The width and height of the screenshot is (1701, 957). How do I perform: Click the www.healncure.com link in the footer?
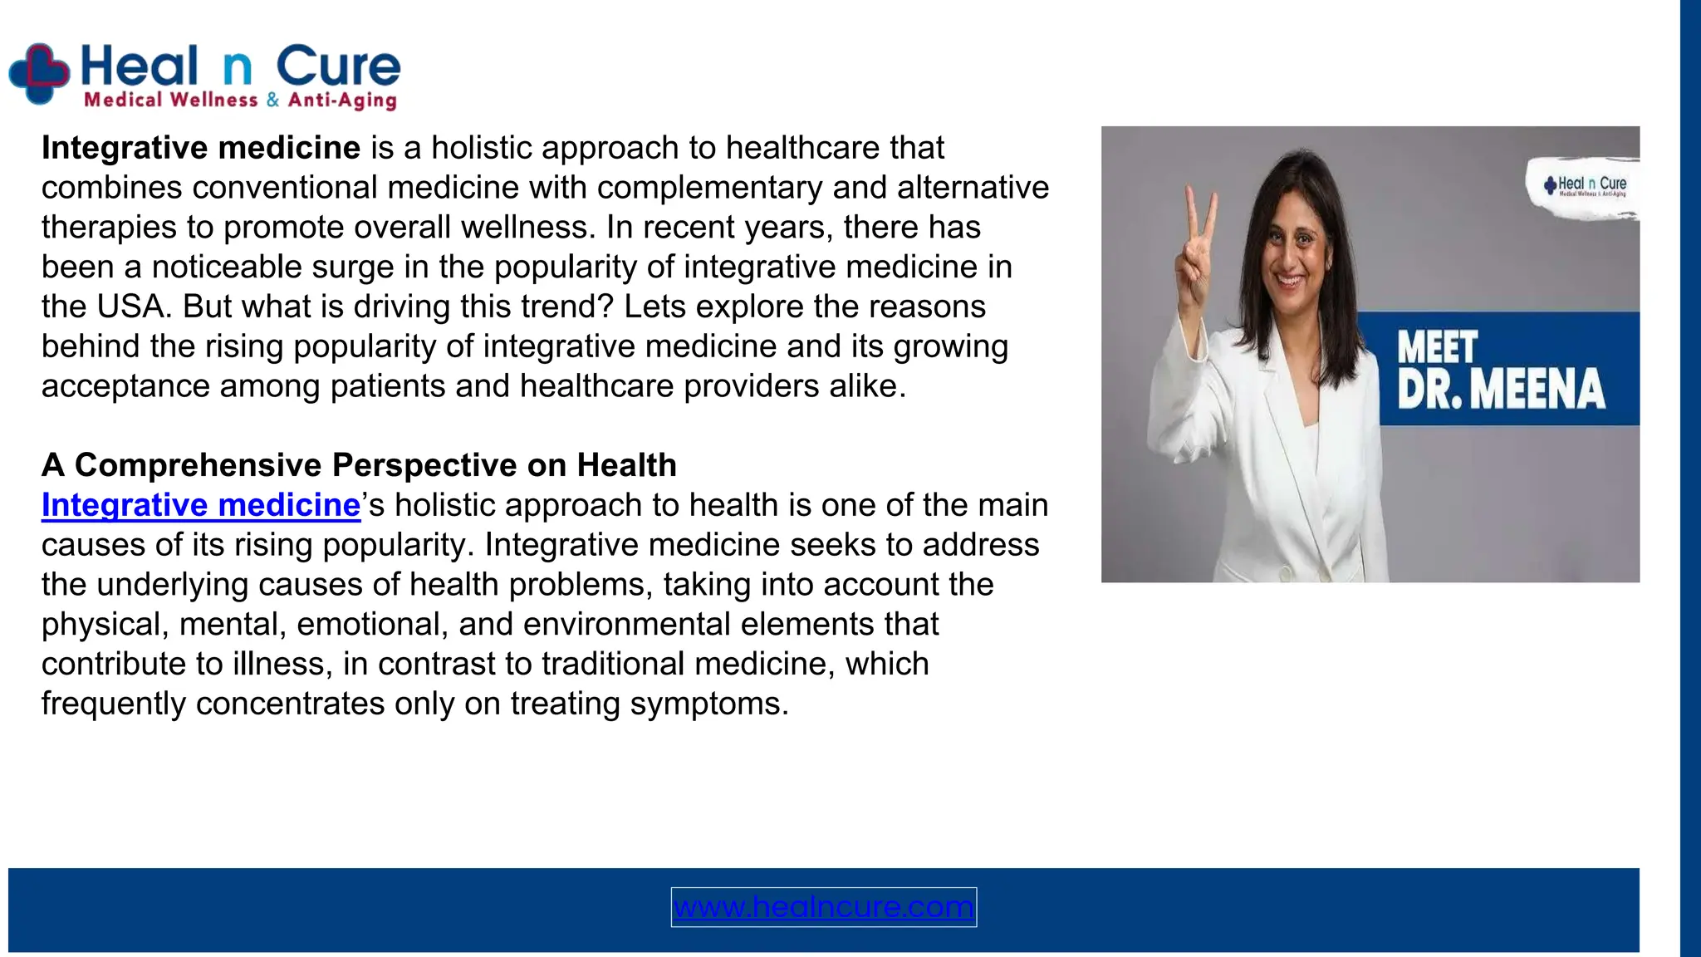coord(823,906)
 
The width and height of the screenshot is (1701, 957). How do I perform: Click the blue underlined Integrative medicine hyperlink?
coord(201,505)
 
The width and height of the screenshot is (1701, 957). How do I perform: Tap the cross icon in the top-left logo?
coord(38,74)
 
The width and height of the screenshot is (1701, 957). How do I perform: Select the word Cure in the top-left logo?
coord(338,66)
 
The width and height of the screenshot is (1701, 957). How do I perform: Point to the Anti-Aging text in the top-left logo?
coord(341,101)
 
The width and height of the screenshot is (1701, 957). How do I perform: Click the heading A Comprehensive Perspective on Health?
coord(359,465)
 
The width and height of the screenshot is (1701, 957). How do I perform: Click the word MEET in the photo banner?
coord(1437,347)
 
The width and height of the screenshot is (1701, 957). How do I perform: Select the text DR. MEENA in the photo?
coord(1500,390)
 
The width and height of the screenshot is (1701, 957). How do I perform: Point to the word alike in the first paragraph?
coord(865,386)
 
